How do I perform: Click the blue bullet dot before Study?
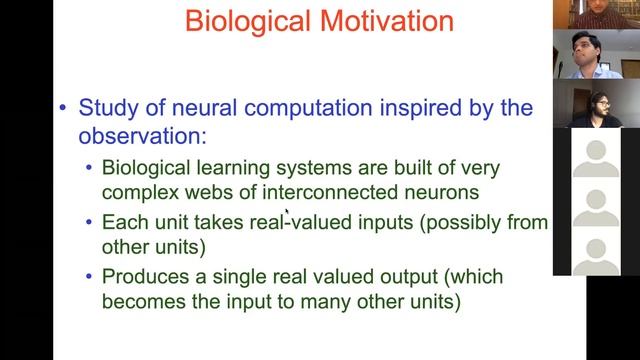(65, 107)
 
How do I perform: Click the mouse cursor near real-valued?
(288, 212)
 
